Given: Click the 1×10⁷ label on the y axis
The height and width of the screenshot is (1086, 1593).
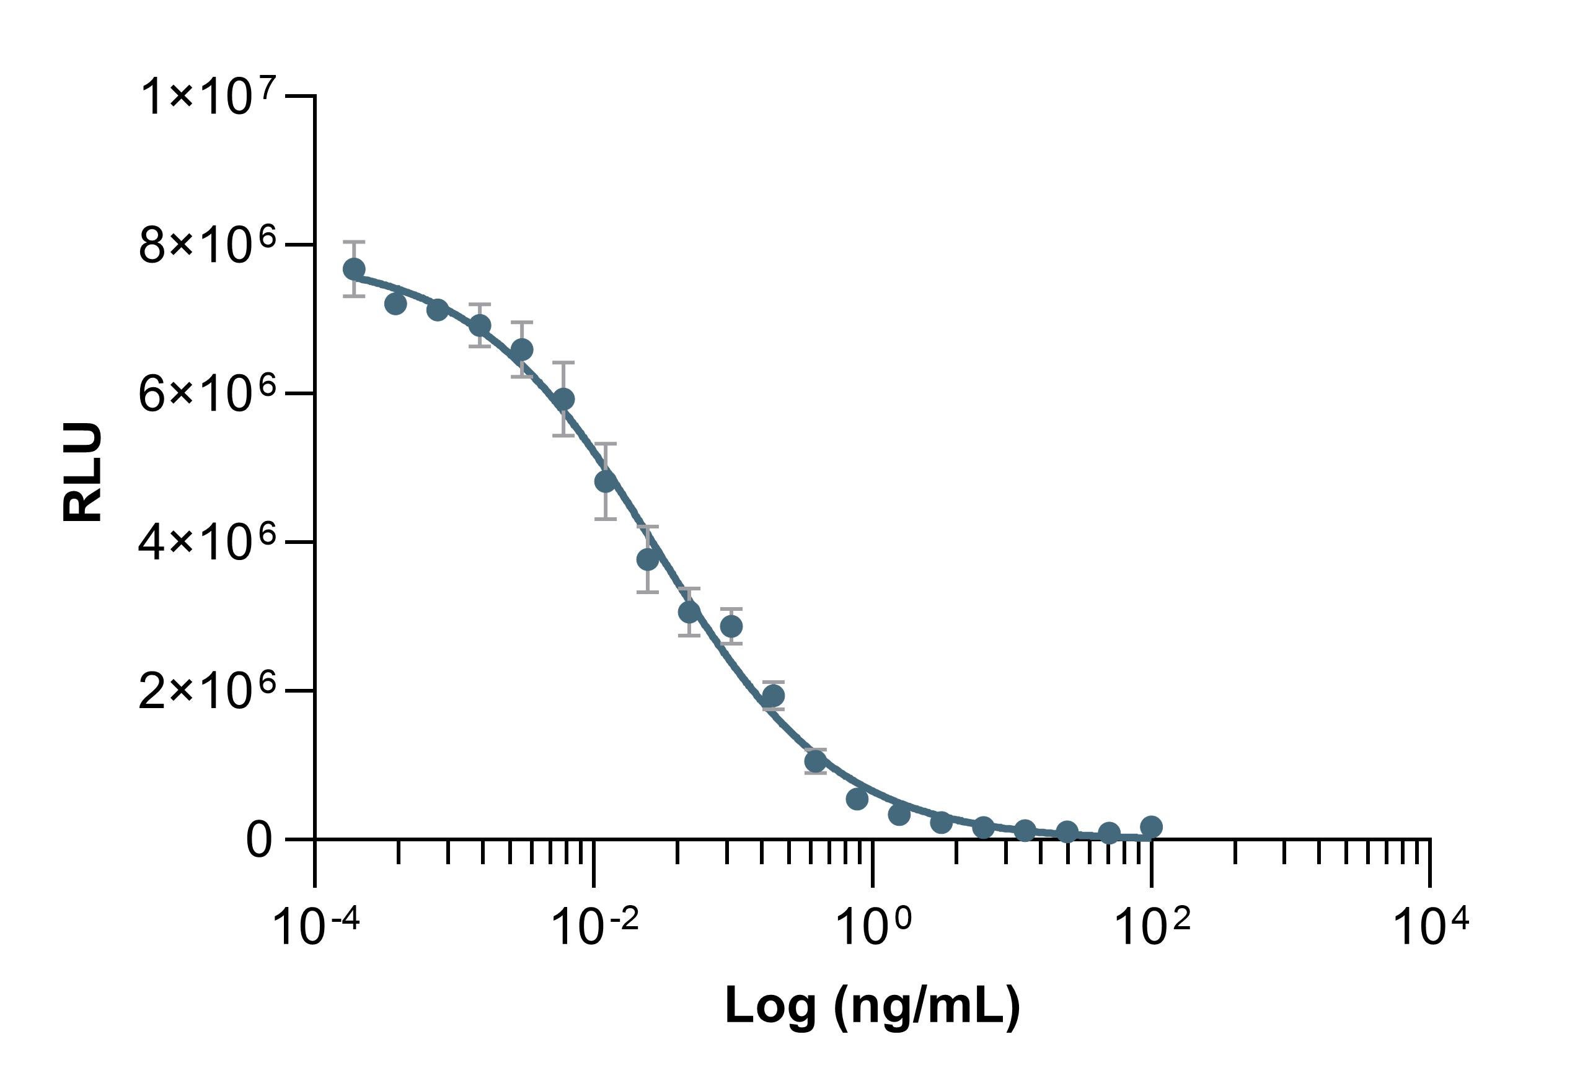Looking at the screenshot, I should click(x=208, y=97).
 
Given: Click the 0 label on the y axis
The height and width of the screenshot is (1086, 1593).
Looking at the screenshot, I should click(x=259, y=840).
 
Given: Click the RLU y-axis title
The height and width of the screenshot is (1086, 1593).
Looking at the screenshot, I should click(x=82, y=473).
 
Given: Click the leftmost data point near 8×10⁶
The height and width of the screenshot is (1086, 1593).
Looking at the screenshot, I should click(x=354, y=269).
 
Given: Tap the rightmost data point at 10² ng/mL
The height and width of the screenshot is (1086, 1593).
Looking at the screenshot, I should click(x=1152, y=827).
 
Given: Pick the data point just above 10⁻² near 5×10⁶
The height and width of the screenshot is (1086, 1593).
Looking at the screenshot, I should click(x=605, y=482).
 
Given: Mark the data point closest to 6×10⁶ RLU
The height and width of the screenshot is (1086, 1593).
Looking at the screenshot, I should click(x=563, y=399).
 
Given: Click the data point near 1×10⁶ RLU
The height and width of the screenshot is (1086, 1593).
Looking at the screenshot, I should click(x=816, y=761).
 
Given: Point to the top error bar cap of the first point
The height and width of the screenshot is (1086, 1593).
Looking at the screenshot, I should click(x=354, y=242).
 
